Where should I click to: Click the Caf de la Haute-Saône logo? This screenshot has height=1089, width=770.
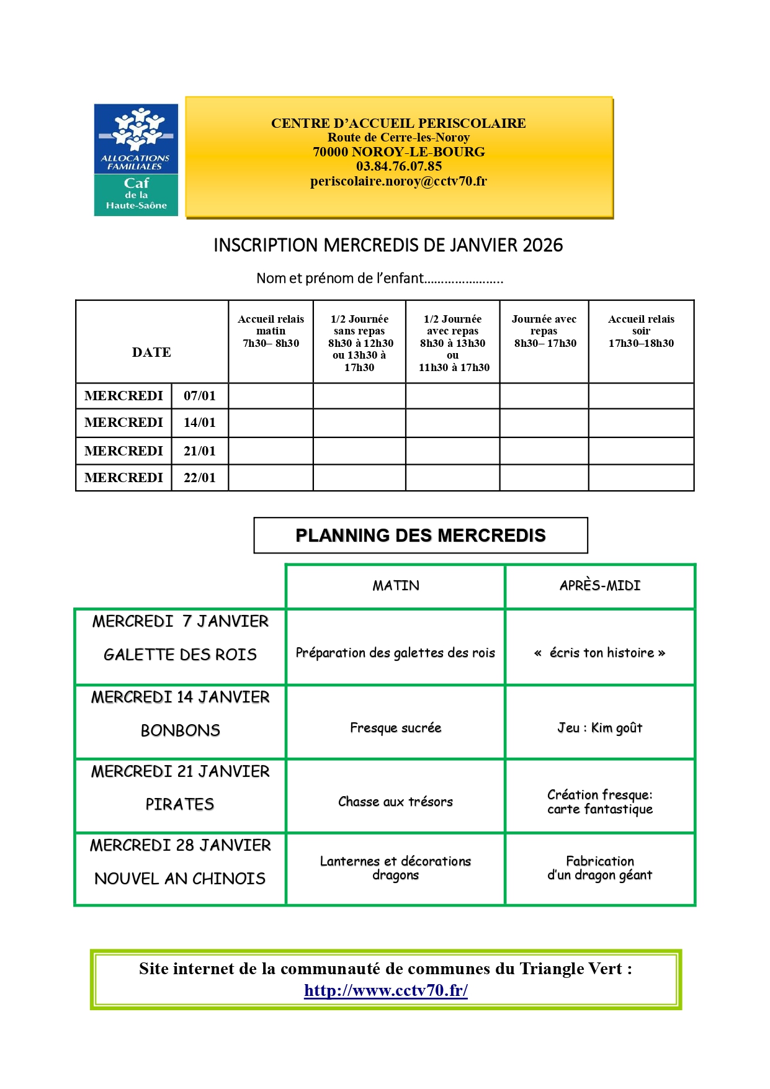click(x=136, y=160)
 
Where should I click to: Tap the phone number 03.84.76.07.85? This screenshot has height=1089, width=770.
click(x=399, y=166)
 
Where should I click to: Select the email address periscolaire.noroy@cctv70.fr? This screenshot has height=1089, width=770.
click(x=398, y=181)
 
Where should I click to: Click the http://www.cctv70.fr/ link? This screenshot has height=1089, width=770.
click(x=386, y=990)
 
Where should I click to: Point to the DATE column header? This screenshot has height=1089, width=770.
click(x=151, y=352)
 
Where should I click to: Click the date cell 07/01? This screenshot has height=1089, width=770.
click(x=200, y=396)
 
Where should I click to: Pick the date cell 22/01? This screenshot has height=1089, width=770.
click(x=200, y=478)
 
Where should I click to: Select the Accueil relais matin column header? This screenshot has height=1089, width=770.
click(x=271, y=331)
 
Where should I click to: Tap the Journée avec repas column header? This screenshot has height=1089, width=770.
click(x=544, y=331)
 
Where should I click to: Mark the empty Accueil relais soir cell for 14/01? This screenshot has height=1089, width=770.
click(x=641, y=423)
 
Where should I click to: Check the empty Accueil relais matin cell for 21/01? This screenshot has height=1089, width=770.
click(x=271, y=451)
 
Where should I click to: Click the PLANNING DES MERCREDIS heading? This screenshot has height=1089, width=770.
click(x=421, y=536)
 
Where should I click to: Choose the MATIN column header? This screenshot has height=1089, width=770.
click(x=396, y=586)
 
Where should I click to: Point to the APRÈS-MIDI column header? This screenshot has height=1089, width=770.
click(x=600, y=586)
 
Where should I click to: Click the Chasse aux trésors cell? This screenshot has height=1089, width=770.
click(x=396, y=802)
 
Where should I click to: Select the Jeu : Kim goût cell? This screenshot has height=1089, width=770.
click(x=600, y=728)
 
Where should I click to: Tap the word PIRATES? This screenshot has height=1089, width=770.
click(x=180, y=805)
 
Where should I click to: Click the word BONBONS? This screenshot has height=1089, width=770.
click(x=181, y=731)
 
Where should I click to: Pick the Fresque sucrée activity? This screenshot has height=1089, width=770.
click(x=396, y=728)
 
